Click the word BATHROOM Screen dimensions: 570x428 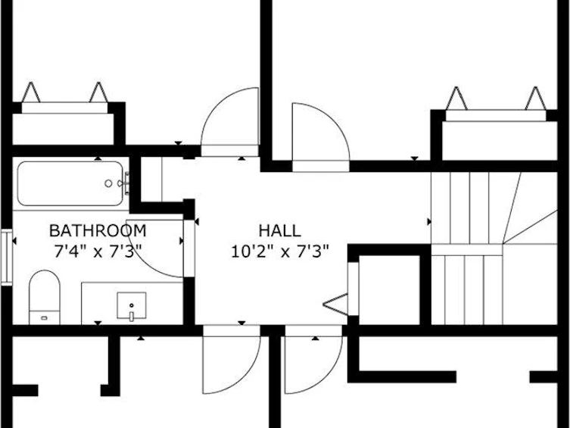tap(98, 230)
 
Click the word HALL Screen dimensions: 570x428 tap(279, 230)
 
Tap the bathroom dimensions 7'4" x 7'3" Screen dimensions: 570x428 tap(98, 251)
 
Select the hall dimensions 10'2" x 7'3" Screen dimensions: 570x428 tap(280, 251)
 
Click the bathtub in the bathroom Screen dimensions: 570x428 tap(70, 183)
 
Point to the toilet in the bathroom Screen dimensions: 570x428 tap(45, 297)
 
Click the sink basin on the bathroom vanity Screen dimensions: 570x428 tap(131, 305)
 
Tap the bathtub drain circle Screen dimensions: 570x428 tap(108, 183)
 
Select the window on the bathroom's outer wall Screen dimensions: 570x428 tap(6, 257)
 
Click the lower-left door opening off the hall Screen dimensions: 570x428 tap(232, 360)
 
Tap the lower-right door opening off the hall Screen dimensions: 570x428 tap(313, 360)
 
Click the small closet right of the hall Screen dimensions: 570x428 tap(389, 289)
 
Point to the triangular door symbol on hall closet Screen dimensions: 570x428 tap(335, 304)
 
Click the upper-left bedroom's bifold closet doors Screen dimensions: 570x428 tap(64, 98)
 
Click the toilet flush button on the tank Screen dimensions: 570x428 tap(44, 318)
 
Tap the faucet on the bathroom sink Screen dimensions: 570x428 tap(131, 315)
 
